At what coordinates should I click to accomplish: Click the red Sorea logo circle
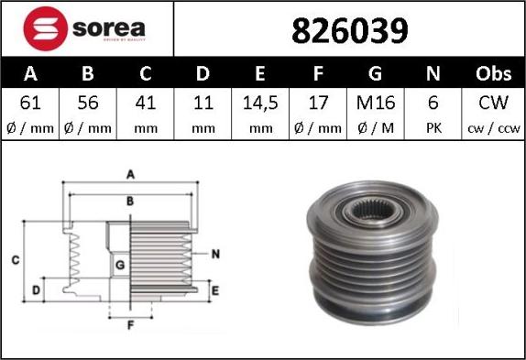(45, 28)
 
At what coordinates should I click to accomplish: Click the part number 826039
(350, 31)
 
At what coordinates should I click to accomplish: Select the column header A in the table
(30, 73)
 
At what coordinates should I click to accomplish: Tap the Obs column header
(493, 73)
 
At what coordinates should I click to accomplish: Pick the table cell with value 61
(30, 103)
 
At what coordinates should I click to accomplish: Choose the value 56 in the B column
(88, 103)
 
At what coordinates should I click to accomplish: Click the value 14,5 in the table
(260, 103)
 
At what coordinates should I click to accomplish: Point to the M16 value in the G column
(376, 103)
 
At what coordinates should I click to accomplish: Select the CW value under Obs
(493, 103)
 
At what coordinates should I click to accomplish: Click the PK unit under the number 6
(433, 128)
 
